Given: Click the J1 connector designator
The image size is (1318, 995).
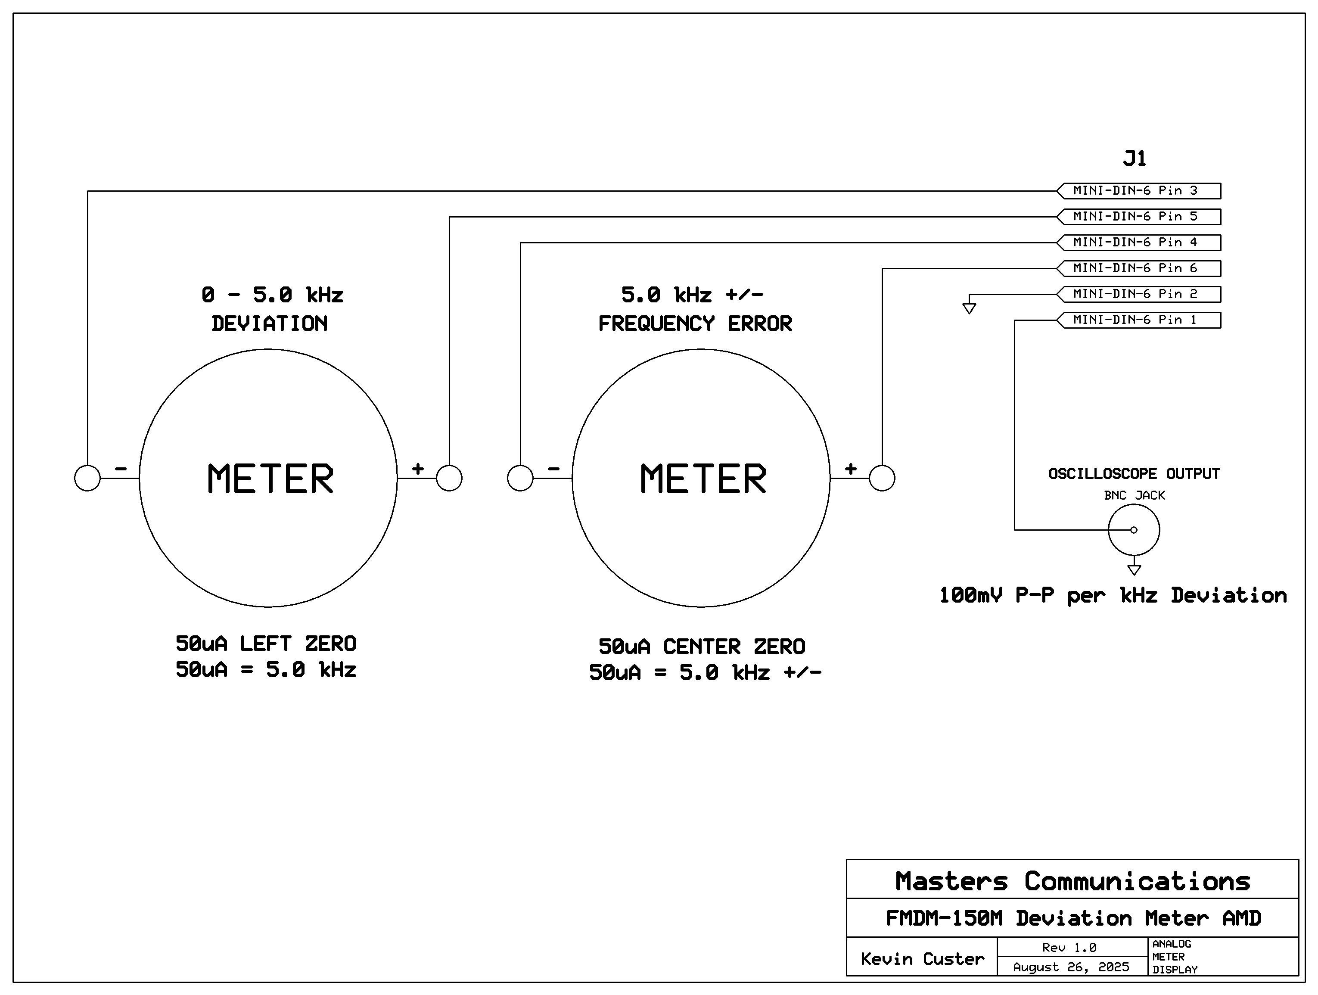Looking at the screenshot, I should click(1135, 159).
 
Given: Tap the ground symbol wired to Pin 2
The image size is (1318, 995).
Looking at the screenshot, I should click(970, 308).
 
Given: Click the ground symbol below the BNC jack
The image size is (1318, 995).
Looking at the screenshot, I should click(1135, 569).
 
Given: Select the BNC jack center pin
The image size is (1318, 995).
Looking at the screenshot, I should click(1134, 530).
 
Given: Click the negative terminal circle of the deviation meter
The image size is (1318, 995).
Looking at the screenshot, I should click(87, 478).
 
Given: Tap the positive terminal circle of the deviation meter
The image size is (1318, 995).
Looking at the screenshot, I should click(449, 478).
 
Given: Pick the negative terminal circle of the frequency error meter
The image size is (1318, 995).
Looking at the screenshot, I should click(520, 478).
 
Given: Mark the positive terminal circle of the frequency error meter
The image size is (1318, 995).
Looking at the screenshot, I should click(882, 478).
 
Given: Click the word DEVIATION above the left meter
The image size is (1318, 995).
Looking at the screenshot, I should click(269, 324).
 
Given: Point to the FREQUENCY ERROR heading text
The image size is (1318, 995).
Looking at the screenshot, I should click(695, 324).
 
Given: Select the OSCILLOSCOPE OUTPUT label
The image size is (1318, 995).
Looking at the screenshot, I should click(1134, 474).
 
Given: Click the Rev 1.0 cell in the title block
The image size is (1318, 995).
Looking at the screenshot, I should click(1069, 947).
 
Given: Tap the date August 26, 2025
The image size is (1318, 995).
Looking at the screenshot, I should click(1071, 967).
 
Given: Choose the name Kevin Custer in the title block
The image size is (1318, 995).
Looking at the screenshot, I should click(922, 959).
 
